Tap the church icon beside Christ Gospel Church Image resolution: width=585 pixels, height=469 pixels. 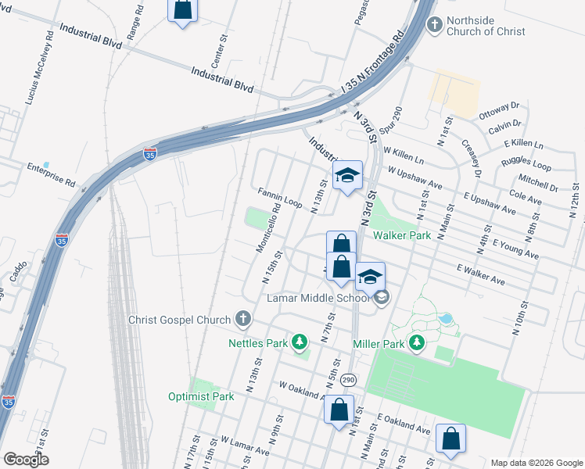click(x=243, y=319)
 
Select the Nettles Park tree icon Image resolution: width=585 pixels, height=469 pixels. click(x=299, y=342)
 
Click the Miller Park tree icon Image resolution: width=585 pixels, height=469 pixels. click(x=417, y=342)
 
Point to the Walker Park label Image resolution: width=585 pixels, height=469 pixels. click(x=402, y=234)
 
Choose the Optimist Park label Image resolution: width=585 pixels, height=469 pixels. click(x=201, y=396)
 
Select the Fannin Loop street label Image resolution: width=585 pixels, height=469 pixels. click(x=281, y=198)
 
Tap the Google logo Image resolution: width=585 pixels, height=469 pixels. click(x=27, y=460)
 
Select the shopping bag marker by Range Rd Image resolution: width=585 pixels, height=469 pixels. click(x=182, y=10)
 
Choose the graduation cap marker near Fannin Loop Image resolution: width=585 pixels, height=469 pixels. click(x=347, y=175)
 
